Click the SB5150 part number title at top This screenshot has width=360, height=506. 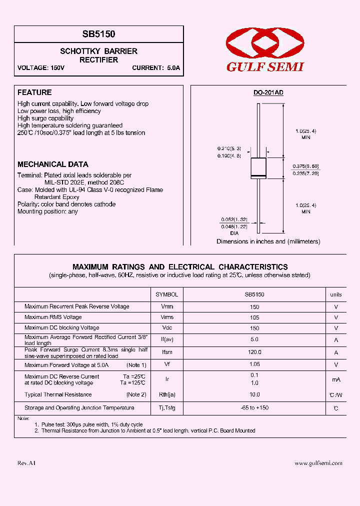[98, 34]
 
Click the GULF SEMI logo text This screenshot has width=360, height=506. [265, 67]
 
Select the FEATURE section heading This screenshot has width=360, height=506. [34, 92]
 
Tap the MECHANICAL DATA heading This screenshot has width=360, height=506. [53, 164]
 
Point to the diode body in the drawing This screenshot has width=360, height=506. [258, 167]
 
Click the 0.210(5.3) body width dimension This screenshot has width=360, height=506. [229, 148]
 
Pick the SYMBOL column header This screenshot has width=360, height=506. [167, 294]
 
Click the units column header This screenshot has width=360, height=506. [336, 294]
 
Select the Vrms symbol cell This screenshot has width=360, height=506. [167, 317]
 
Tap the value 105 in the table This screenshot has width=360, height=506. [254, 317]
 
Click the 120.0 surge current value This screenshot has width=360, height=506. [254, 352]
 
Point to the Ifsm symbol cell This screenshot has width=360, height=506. [167, 352]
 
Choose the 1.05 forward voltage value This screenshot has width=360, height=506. [254, 364]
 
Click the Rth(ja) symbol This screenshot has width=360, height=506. [167, 395]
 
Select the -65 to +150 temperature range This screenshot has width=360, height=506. [254, 408]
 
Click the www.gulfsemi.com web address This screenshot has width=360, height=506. [318, 463]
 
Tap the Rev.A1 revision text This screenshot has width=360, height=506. [26, 463]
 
